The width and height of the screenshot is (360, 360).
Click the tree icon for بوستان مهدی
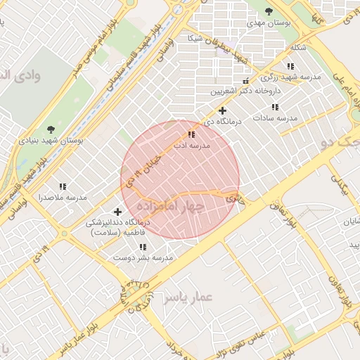[269, 11]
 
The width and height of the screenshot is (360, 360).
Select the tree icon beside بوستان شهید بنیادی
[50, 129]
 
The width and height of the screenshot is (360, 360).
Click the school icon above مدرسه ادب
[191, 134]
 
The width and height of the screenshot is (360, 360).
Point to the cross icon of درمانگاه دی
[223, 110]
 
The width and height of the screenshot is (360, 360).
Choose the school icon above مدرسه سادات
[275, 108]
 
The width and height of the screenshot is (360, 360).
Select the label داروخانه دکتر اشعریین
[246, 91]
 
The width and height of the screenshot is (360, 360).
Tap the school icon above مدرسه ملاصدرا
[63, 186]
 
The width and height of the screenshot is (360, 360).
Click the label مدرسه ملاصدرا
[63, 198]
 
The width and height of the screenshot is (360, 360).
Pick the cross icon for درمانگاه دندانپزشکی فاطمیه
[117, 212]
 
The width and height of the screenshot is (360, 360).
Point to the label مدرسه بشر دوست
[143, 258]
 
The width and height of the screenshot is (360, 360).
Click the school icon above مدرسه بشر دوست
[143, 247]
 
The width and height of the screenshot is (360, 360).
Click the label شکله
[298, 49]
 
